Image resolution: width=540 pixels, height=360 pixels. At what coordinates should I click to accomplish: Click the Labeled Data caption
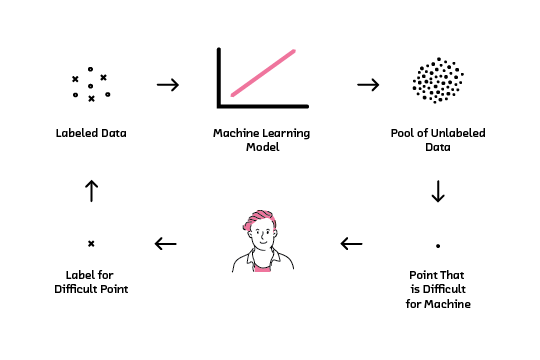coord(91,132)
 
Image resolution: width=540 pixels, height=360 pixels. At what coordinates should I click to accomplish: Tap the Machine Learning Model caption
coord(263,139)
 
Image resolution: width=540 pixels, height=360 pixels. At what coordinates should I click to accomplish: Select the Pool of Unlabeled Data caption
coord(436,139)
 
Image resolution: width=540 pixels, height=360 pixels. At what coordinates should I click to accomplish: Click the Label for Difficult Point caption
coord(91,283)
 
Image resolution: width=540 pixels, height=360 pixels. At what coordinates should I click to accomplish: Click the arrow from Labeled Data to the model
coord(168,85)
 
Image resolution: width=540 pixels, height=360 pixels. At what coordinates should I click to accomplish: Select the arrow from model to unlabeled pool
coord(368,85)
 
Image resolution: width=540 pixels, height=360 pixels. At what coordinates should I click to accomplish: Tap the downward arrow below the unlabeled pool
coord(437,191)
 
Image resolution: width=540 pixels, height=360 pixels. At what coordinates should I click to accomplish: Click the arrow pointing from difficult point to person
coord(351,243)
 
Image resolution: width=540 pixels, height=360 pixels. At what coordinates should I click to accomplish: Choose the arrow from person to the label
coord(166,243)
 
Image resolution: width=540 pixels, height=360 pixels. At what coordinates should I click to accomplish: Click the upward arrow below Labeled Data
coord(91,190)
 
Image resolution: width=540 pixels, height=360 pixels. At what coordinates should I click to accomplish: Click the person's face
coord(262,237)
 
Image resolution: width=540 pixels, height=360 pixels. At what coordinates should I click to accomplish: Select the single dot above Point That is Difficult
coord(437,244)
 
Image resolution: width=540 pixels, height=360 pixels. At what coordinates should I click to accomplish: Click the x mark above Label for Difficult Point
coord(91,243)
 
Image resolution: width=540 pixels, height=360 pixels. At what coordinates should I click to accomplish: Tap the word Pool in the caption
coord(404,132)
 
